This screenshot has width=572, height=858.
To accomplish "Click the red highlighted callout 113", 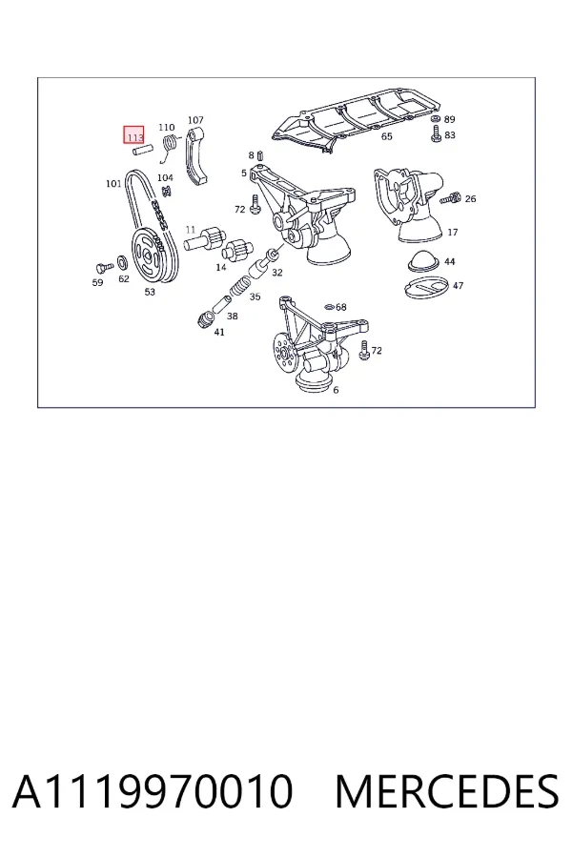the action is pyautogui.click(x=133, y=134).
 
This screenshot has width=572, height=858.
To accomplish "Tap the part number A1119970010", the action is pyautogui.click(x=153, y=791).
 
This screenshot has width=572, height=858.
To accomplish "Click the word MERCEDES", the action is pyautogui.click(x=447, y=791).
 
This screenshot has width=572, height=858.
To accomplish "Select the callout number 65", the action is pyautogui.click(x=386, y=136).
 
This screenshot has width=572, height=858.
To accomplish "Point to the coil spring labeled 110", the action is pyautogui.click(x=170, y=147).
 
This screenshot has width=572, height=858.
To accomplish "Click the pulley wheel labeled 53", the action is pyautogui.click(x=148, y=255).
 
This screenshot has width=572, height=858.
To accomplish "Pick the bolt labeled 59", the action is pyautogui.click(x=103, y=268).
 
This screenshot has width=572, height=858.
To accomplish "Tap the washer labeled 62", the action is pyautogui.click(x=123, y=262).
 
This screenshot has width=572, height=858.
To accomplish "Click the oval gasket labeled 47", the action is pyautogui.click(x=426, y=288).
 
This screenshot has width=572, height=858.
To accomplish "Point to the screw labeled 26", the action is pyautogui.click(x=451, y=198).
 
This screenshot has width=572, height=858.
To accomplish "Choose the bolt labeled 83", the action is pyautogui.click(x=437, y=134).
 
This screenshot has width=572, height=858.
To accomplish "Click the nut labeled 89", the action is pyautogui.click(x=435, y=119).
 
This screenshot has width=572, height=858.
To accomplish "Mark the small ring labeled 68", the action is pyautogui.click(x=330, y=307).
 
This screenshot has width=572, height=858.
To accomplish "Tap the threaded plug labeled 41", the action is pyautogui.click(x=205, y=318).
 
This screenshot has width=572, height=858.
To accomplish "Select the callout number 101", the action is pyautogui.click(x=113, y=183).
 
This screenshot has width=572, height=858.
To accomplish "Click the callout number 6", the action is pyautogui.click(x=336, y=390).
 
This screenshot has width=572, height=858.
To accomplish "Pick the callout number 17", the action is pyautogui.click(x=452, y=232).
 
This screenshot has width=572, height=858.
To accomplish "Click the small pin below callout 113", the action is pyautogui.click(x=141, y=150).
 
